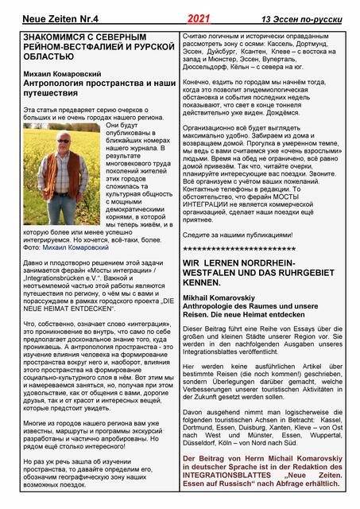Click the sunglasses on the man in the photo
64,142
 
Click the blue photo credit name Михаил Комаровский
77,247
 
